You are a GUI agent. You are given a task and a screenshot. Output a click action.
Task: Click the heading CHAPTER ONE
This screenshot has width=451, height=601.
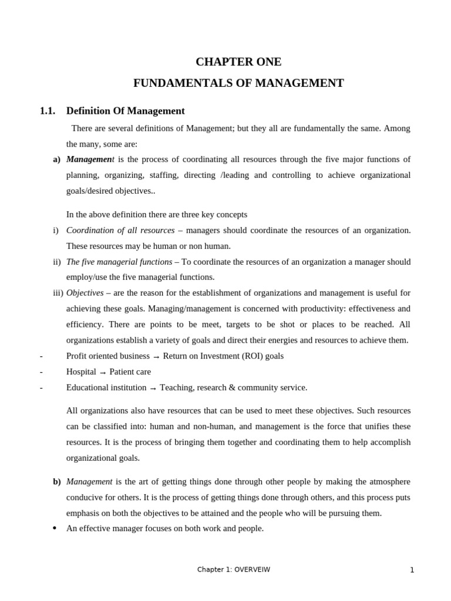pos(238,62)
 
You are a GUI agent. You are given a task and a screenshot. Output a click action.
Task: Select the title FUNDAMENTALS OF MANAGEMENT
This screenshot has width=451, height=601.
pos(238,83)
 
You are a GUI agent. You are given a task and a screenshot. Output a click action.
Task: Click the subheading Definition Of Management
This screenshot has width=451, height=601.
pos(125,111)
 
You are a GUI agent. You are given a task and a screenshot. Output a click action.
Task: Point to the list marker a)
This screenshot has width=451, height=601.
pos(56,160)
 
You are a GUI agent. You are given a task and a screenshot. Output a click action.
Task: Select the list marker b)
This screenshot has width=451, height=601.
pos(56,482)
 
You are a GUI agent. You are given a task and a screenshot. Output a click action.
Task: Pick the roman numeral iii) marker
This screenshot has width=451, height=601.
pos(58,293)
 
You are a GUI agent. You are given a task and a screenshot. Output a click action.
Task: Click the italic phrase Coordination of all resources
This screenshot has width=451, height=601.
pos(120,230)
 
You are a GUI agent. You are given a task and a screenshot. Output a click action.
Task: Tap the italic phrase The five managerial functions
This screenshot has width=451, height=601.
pos(119,262)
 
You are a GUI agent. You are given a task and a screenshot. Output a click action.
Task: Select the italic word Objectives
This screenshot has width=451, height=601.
pos(85,293)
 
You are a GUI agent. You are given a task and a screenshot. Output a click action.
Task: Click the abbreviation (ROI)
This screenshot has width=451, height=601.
pos(245,356)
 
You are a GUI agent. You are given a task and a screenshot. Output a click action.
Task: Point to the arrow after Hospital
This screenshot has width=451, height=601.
pos(103,373)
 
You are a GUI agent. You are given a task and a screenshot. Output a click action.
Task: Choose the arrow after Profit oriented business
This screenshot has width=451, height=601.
pos(156,357)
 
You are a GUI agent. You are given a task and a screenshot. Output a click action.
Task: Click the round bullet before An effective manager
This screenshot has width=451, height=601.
pos(55,528)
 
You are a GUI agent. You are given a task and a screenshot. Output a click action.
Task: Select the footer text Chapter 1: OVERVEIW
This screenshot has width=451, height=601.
pos(233,569)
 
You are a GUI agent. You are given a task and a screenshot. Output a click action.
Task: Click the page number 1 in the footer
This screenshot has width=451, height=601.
pos(412,570)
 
